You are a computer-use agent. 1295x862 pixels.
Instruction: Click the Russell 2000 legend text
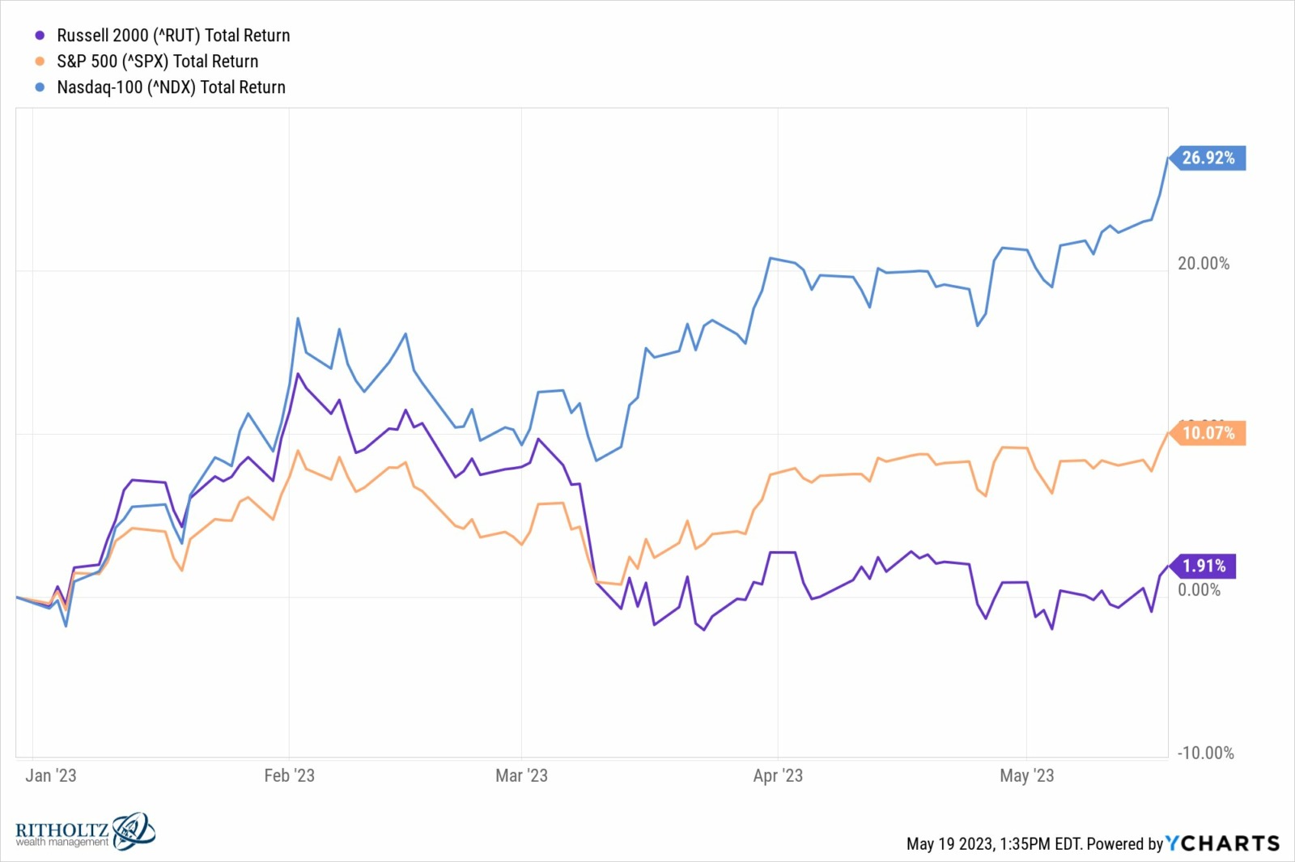point(173,36)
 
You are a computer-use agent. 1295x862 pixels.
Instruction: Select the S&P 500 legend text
point(157,62)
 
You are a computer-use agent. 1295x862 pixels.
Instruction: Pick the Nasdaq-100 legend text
point(171,87)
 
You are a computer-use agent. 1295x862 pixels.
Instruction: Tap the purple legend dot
point(40,36)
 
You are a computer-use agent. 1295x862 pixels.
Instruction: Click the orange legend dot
point(40,62)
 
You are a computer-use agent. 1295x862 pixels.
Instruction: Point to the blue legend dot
point(40,87)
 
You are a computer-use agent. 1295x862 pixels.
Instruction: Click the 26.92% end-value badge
point(1208,158)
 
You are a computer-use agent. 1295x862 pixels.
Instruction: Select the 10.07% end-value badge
point(1208,433)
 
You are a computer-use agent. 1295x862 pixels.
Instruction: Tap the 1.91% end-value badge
point(1204,566)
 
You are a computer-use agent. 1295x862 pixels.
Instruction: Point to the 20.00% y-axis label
point(1203,264)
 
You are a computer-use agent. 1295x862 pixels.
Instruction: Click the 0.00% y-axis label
point(1199,590)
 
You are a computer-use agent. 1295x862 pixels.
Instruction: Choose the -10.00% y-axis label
point(1205,753)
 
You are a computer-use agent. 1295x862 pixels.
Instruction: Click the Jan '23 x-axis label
point(51,775)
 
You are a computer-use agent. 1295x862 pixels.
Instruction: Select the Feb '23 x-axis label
point(289,775)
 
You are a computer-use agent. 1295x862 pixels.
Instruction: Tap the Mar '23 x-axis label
point(521,775)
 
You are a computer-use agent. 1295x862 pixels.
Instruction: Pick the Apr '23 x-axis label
point(778,775)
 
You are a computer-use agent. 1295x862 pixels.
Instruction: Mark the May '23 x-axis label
point(1026,775)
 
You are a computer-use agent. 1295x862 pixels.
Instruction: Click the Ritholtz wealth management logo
point(85,832)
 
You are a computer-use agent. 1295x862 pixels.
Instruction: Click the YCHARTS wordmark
point(1222,843)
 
